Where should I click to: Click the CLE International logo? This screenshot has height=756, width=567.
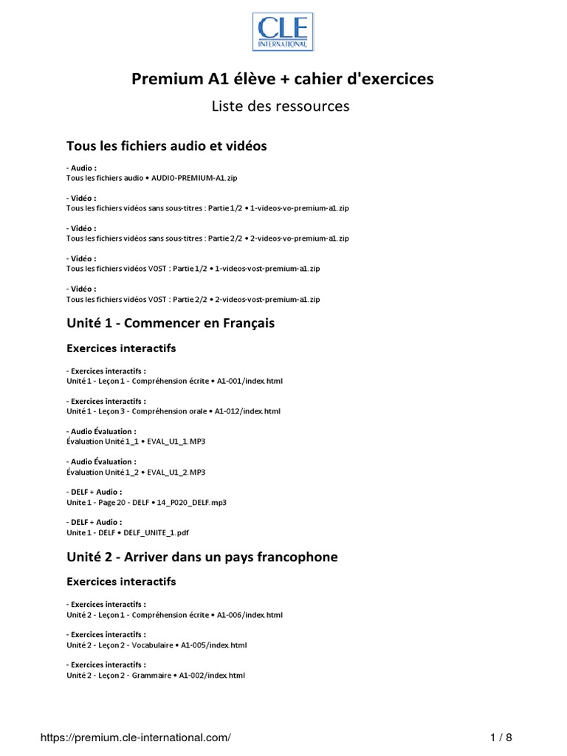click(283, 32)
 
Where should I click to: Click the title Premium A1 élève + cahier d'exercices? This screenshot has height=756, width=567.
click(283, 79)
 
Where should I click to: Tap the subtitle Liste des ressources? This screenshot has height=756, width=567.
click(281, 106)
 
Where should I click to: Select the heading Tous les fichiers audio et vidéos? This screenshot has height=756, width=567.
click(166, 146)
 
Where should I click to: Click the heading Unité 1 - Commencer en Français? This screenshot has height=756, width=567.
click(171, 323)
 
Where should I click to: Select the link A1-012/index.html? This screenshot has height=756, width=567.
click(247, 411)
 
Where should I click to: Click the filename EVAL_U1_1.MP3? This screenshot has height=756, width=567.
click(176, 441)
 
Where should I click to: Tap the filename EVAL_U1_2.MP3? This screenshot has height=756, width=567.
click(176, 472)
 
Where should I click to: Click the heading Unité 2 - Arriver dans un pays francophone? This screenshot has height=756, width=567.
click(202, 557)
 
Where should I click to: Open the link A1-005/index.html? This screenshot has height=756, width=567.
click(214, 645)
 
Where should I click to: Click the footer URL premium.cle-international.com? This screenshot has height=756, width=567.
click(136, 737)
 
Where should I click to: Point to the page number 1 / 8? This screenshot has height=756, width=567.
click(501, 737)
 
